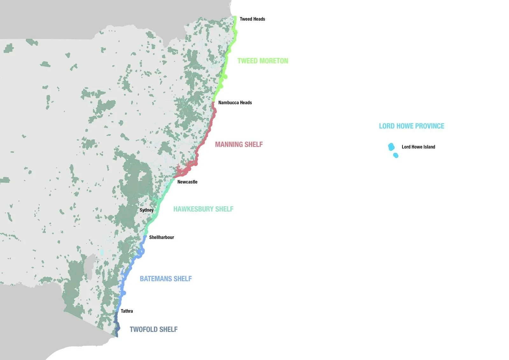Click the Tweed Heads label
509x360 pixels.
[x=252, y=19]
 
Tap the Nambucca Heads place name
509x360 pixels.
[x=235, y=102]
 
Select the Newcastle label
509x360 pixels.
[x=187, y=182]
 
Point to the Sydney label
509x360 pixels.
[x=146, y=210]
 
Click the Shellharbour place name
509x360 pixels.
[x=161, y=237]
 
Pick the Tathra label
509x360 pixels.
[x=127, y=311]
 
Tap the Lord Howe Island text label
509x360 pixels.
[x=418, y=147]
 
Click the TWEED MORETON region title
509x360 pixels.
[x=262, y=61]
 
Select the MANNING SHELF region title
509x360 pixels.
[x=239, y=145]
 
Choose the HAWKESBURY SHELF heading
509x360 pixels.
[x=203, y=209]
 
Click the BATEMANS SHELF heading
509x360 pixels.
[x=166, y=279]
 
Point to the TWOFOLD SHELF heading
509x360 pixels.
[x=153, y=329]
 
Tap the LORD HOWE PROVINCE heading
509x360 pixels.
[x=411, y=126]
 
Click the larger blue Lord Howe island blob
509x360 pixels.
[x=391, y=147]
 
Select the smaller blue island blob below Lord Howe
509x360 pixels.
[x=396, y=155]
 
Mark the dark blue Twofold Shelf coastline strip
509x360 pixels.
[x=116, y=325]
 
